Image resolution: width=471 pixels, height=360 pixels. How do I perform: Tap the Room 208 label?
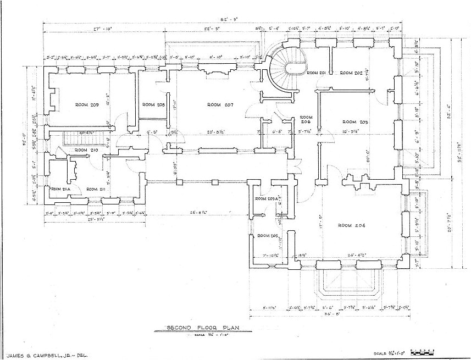click(153, 104)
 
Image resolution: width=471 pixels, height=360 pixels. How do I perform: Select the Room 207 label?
click(219, 104)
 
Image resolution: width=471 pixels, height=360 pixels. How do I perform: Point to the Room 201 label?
click(317, 73)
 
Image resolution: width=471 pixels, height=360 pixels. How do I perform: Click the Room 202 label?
click(350, 73)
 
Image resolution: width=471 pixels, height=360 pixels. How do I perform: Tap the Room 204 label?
click(352, 225)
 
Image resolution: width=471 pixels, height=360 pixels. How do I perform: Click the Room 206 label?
click(306, 120)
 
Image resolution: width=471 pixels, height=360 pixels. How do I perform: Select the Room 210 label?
click(85, 150)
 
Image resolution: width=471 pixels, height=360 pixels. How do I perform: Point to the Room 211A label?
click(59, 189)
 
